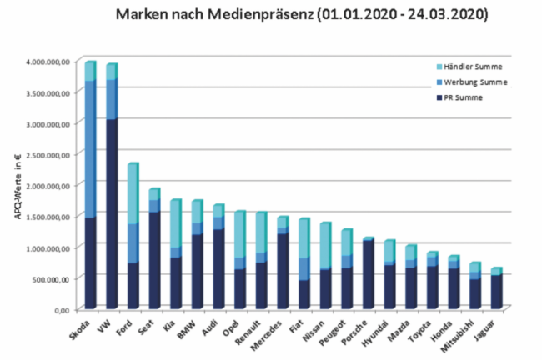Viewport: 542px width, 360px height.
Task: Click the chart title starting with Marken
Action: point(302,15)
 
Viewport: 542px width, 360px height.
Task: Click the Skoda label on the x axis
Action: point(81,331)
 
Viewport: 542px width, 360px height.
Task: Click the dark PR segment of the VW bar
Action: point(112,212)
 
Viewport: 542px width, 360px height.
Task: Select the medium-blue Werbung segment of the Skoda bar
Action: point(91,150)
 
